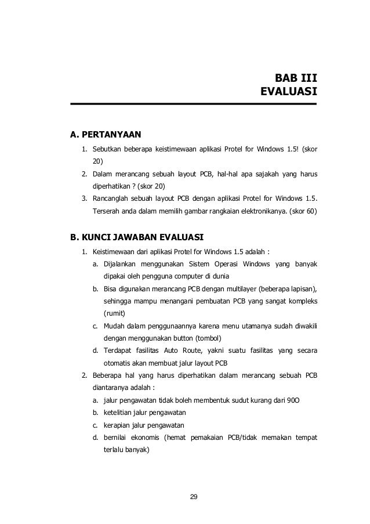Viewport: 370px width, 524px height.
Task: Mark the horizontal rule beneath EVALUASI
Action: pyautogui.click(x=193, y=104)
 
